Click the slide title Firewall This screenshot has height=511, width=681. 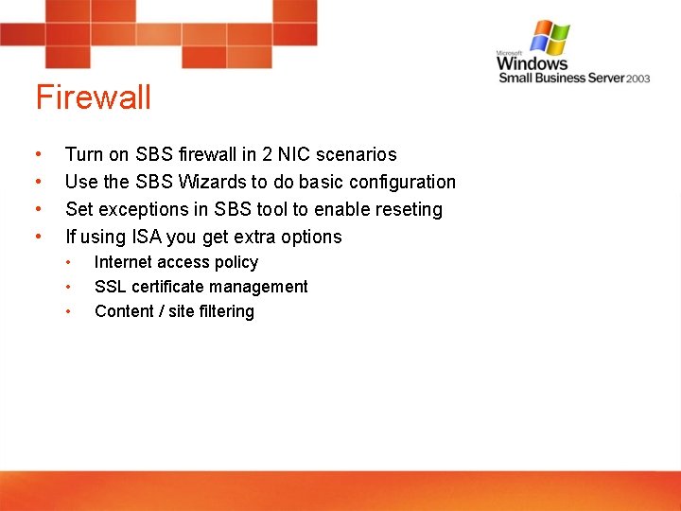(93, 97)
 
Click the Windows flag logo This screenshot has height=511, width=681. (550, 38)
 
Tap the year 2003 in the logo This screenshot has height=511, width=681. (637, 79)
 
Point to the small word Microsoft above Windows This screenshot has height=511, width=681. (511, 53)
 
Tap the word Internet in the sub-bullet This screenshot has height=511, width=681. (124, 262)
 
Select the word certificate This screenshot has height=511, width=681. (167, 287)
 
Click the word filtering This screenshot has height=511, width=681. (226, 311)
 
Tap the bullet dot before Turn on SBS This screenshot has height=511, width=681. (37, 154)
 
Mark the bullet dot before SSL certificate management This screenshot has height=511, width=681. (68, 287)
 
